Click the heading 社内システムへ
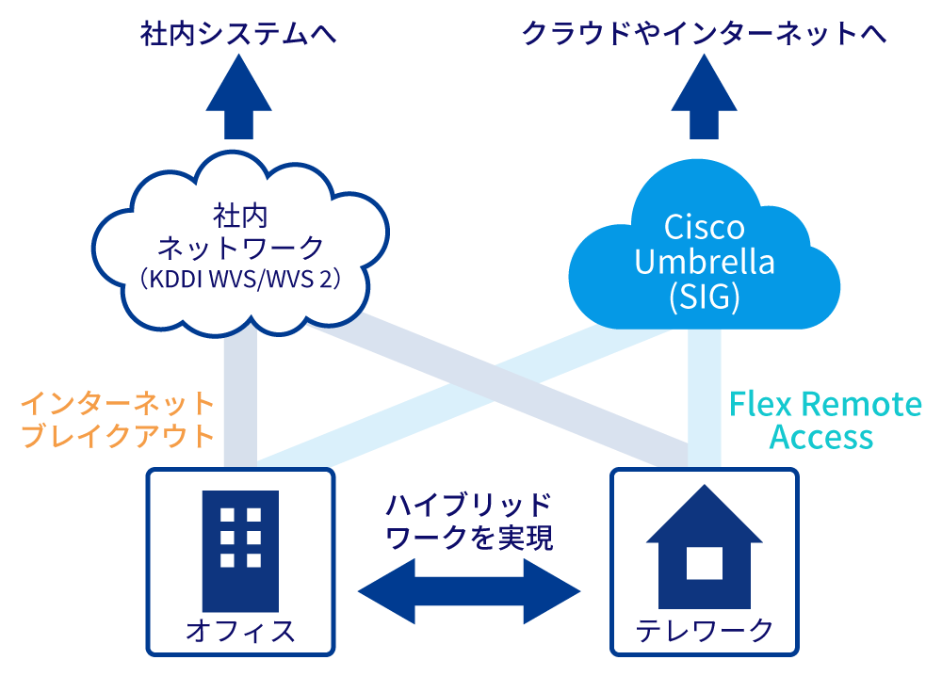pyautogui.click(x=238, y=35)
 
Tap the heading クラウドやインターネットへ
pyautogui.click(x=704, y=35)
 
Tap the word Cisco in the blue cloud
pyautogui.click(x=705, y=227)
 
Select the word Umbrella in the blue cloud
pyautogui.click(x=705, y=262)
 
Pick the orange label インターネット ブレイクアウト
pyautogui.click(x=118, y=421)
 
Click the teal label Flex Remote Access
pyautogui.click(x=825, y=421)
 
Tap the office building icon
pyautogui.click(x=240, y=551)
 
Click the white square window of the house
pyautogui.click(x=705, y=562)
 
